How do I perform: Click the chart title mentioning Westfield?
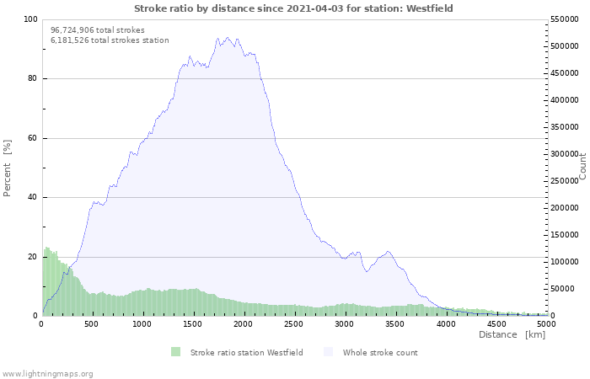tap(294, 8)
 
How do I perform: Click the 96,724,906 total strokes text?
tap(98, 29)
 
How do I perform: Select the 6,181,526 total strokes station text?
tap(110, 40)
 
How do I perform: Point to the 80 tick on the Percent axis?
tap(32, 79)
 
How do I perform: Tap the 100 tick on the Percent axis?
tap(29, 19)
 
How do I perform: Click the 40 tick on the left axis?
tap(32, 198)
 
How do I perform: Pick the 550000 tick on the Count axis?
tap(566, 19)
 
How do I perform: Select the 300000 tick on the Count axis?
tap(566, 154)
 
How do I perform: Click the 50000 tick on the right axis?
tap(563, 289)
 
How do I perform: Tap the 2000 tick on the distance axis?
tap(244, 323)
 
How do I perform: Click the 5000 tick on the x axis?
tap(546, 323)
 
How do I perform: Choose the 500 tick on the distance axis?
tap(92, 323)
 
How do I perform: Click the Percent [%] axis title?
tap(8, 168)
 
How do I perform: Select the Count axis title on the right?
tap(582, 166)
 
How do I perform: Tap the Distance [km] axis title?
tap(512, 335)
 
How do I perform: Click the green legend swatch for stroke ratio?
tap(175, 352)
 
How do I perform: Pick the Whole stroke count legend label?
tap(379, 352)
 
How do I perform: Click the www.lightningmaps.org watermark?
tap(47, 373)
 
